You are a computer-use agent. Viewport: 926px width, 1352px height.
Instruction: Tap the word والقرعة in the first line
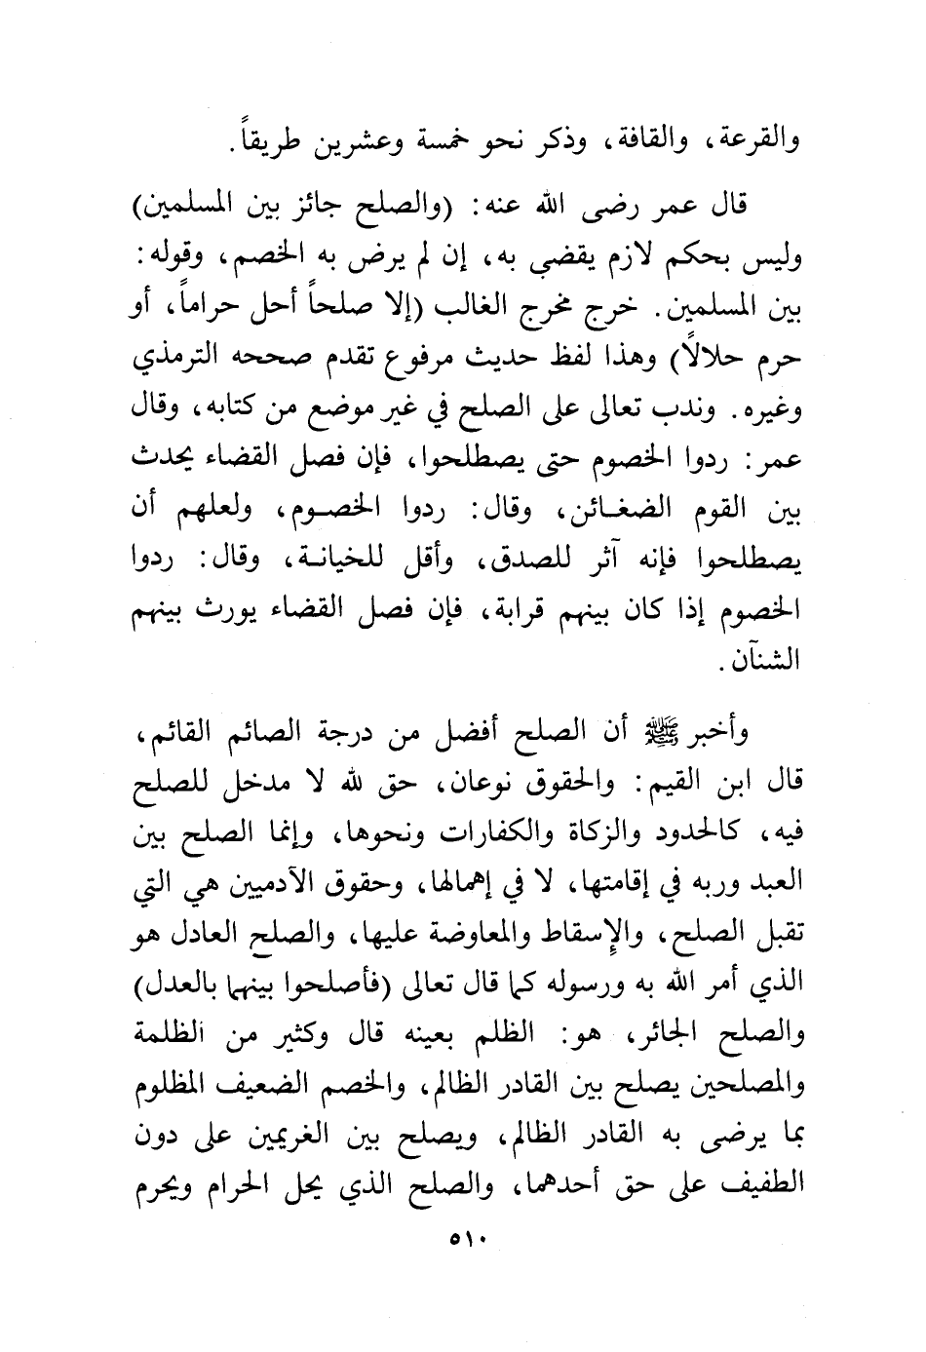pyautogui.click(x=760, y=143)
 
